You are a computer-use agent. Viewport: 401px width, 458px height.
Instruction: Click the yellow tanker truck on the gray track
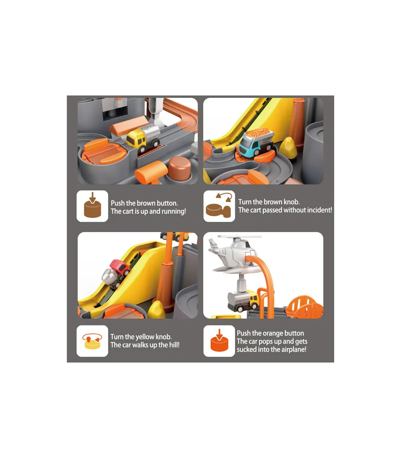143,138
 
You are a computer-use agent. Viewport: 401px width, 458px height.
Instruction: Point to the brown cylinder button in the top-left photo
179,169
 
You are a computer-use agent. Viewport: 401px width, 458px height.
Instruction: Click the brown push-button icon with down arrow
92,206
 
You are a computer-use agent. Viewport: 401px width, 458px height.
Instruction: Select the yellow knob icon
92,341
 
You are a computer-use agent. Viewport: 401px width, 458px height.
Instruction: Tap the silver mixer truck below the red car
111,278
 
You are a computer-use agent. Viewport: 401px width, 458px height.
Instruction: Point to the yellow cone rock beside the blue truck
288,148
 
